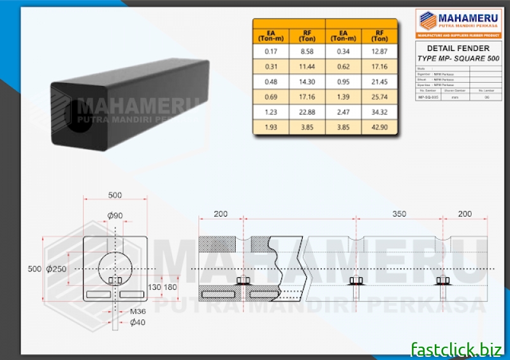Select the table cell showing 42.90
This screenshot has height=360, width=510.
[379, 128]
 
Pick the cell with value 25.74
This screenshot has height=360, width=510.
[379, 97]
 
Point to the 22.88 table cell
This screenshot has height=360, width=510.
[307, 113]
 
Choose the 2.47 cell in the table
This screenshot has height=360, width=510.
[344, 113]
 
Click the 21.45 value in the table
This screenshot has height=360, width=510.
[379, 82]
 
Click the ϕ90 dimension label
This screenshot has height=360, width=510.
[115, 215]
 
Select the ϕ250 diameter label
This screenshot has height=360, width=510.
[57, 269]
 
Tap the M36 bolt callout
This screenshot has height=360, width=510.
[138, 312]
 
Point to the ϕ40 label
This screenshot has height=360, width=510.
[138, 322]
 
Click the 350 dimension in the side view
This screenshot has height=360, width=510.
[399, 215]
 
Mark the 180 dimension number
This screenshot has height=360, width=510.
[170, 287]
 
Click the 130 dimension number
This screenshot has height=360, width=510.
[154, 287]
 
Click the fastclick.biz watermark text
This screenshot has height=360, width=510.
[456, 348]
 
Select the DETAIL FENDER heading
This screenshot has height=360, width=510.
[458, 48]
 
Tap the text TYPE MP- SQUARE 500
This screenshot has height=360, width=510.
[458, 58]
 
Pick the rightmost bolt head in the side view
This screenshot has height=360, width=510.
[443, 280]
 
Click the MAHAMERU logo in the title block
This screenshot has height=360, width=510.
[458, 22]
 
